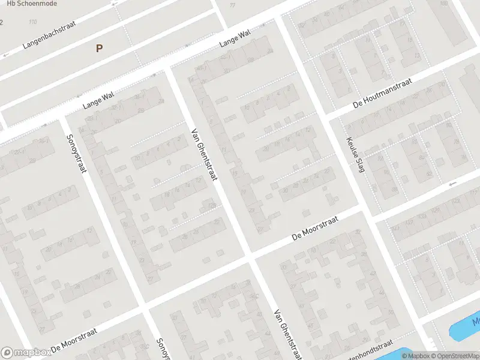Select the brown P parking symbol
pyautogui.click(x=100, y=49)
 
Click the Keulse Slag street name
pyautogui.click(x=355, y=155)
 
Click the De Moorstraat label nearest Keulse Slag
pyautogui.click(x=314, y=229)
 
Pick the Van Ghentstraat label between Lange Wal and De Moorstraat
pyautogui.click(x=205, y=155)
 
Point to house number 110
pyautogui.click(x=32, y=22)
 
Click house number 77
pyautogui.click(x=232, y=5)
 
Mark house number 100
pyautogui.click(x=445, y=4)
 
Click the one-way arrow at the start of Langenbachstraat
pyautogui.click(x=6, y=55)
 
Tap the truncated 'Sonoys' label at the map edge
pyautogui.click(x=162, y=349)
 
